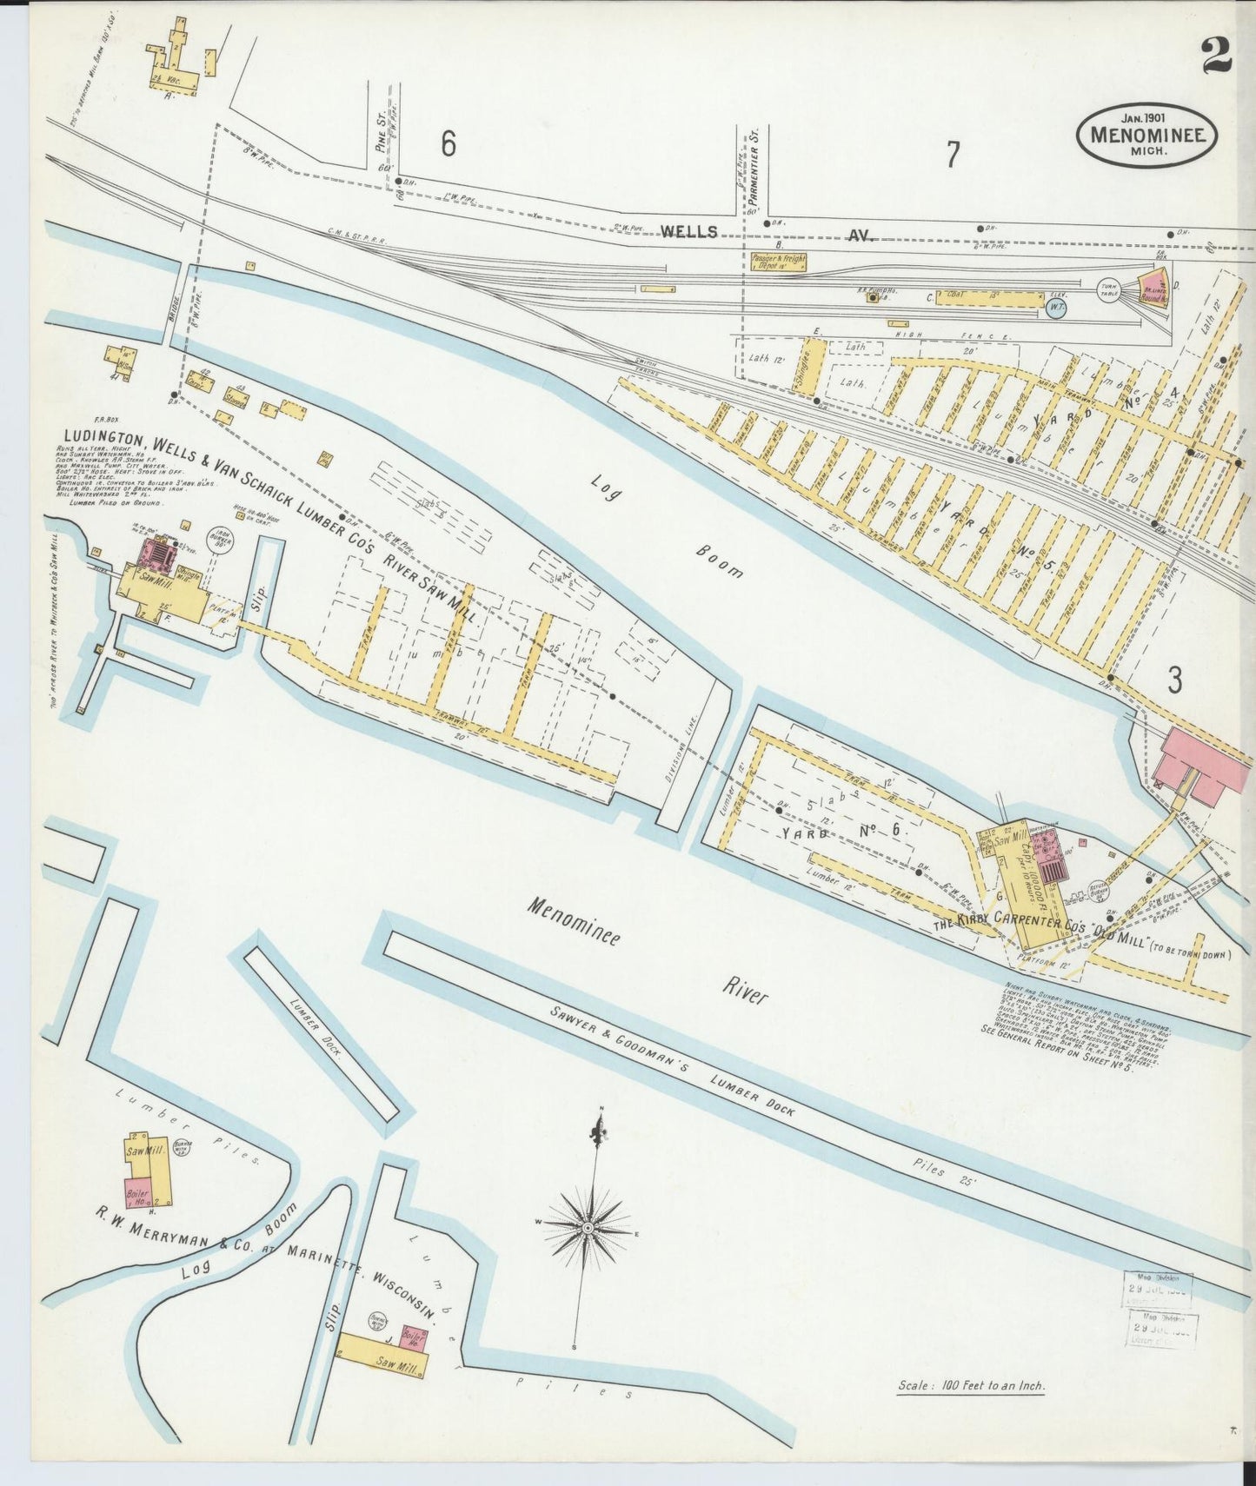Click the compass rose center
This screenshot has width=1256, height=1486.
[588, 1227]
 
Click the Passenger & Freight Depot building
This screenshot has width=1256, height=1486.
[780, 262]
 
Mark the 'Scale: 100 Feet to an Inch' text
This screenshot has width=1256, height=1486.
[970, 1386]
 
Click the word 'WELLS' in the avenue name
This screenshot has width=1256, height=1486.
[688, 232]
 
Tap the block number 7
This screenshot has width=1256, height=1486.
[953, 155]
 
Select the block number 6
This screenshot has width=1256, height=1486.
[448, 143]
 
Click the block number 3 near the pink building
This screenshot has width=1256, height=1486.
[1174, 680]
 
